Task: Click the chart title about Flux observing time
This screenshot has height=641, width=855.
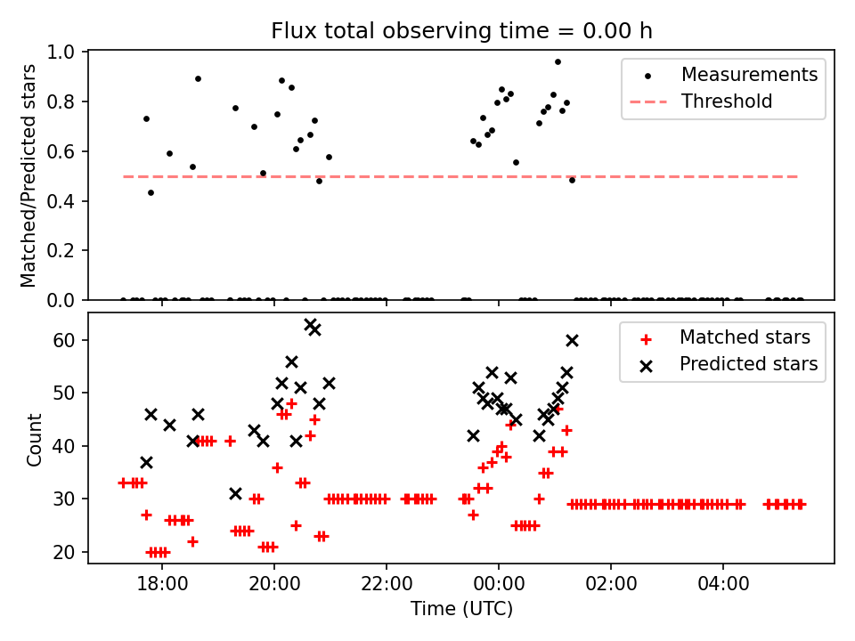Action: pos(461,31)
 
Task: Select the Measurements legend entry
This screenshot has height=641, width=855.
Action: pos(749,75)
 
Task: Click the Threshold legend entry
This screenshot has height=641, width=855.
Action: pos(726,101)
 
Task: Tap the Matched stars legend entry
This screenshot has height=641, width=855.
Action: pos(745,337)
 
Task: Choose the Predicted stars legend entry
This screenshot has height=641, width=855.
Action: pos(748,363)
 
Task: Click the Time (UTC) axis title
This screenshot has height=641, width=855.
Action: pos(461,609)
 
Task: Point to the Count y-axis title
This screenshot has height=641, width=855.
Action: pos(34,439)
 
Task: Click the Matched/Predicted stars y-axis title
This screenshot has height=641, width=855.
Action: pos(28,175)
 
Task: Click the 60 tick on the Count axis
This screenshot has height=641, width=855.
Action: pos(69,340)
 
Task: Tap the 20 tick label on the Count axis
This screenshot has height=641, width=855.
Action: pos(69,552)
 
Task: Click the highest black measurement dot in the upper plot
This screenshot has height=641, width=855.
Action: pos(558,61)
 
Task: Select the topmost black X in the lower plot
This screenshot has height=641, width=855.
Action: pos(310,325)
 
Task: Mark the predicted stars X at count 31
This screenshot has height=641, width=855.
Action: pos(235,493)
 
